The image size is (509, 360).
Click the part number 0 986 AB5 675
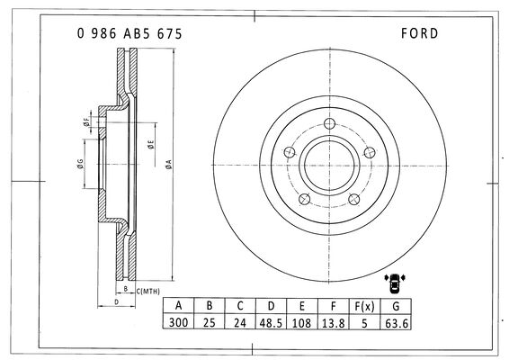[129, 34]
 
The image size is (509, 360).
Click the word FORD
[419, 33]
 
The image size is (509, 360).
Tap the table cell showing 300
[178, 322]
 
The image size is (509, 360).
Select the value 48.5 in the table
[271, 323]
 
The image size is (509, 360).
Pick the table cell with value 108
[301, 323]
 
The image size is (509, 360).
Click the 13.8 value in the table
[333, 323]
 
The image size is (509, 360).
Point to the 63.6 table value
[396, 323]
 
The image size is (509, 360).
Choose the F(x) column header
[364, 306]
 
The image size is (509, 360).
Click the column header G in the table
[396, 306]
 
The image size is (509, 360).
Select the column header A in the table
[178, 306]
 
